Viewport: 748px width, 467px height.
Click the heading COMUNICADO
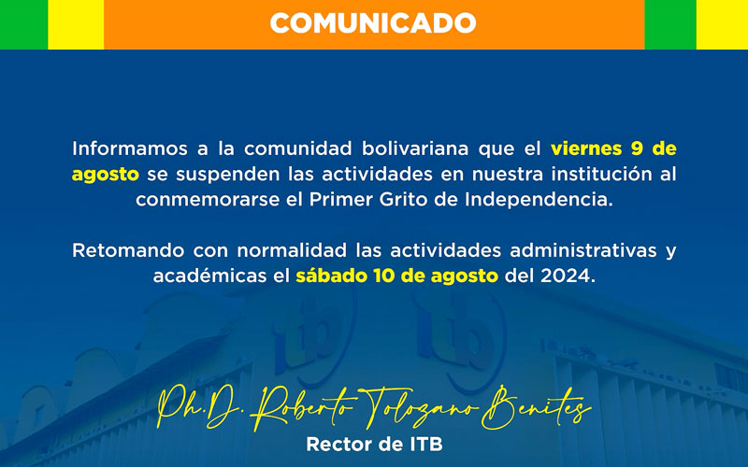point(372,22)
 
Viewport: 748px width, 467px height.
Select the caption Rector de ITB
point(373,445)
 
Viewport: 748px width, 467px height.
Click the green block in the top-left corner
point(23,23)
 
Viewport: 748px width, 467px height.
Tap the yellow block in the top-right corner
point(722,23)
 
